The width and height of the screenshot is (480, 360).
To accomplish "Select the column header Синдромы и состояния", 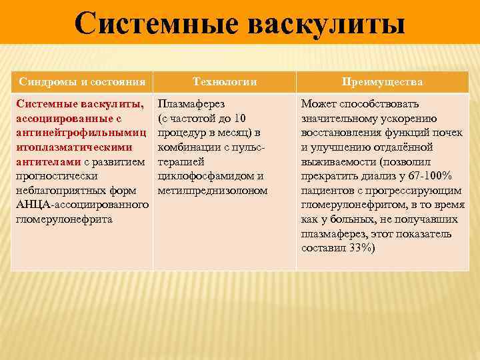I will coord(82,81).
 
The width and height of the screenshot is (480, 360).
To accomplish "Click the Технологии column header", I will coord(225,81).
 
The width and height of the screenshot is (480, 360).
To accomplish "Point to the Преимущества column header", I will coord(382,81).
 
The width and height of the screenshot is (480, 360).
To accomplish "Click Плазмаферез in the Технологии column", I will coord(191,104).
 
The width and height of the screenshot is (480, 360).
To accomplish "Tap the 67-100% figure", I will coord(430,177).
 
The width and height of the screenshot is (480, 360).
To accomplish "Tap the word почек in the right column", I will coord(448,133).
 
